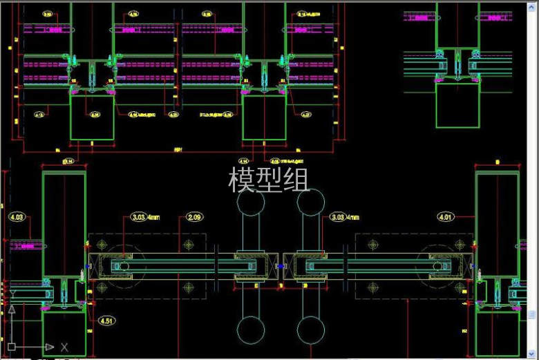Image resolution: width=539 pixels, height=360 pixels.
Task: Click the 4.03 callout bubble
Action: (17, 218)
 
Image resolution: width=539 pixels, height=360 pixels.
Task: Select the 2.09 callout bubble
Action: (195, 218)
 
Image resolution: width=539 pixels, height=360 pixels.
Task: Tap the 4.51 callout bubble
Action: (106, 321)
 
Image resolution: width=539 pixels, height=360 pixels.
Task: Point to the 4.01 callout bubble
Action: (446, 218)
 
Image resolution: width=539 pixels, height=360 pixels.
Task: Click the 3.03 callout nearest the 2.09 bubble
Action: (138, 218)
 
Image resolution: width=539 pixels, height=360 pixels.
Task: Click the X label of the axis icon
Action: (64, 347)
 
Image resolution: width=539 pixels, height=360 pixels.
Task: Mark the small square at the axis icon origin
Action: (12, 346)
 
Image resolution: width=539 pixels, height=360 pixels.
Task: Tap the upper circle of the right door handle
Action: (311, 201)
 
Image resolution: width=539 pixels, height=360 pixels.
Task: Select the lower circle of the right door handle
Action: (311, 330)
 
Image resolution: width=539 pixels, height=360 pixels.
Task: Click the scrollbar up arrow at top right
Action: (533, 6)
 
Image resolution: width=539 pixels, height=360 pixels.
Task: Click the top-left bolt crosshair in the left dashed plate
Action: (103, 245)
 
